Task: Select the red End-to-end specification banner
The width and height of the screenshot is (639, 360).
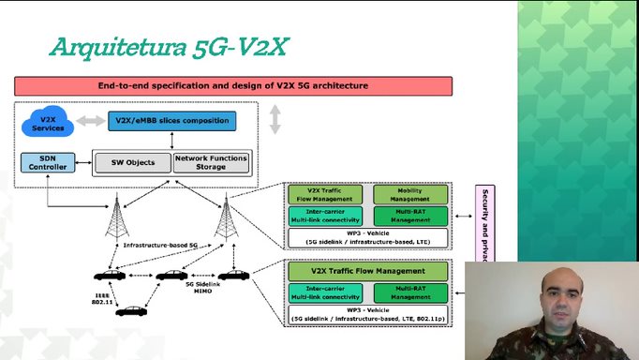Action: [233, 85]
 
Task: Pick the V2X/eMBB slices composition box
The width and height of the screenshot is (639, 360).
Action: [171, 121]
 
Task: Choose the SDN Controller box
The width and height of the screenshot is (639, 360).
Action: [47, 162]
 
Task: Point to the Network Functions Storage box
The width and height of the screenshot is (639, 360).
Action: [212, 162]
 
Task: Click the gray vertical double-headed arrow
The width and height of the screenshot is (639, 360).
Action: [275, 120]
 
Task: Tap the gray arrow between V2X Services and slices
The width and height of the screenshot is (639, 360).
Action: [90, 121]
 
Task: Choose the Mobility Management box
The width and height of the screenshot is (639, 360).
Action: [410, 194]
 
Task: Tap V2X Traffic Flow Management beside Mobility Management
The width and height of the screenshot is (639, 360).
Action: [324, 194]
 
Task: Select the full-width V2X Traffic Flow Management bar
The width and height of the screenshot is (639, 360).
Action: [368, 272]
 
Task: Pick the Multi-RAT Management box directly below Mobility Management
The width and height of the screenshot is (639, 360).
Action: [410, 216]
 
